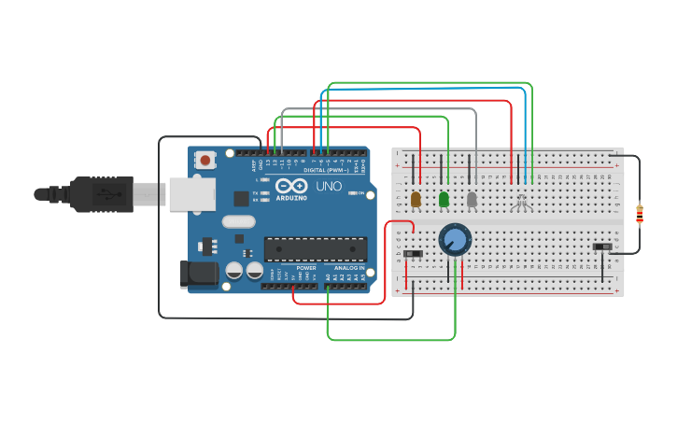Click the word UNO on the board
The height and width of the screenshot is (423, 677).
tap(329, 186)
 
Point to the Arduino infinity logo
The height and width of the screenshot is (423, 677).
tap(290, 185)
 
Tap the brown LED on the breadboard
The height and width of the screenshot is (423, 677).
tap(416, 199)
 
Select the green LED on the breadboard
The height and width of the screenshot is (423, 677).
tap(444, 199)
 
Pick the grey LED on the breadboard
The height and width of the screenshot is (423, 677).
tap(472, 199)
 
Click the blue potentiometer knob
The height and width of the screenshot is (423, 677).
tap(455, 239)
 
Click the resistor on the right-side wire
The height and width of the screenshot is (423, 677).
tap(639, 214)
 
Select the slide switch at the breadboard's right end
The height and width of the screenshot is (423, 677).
tap(604, 247)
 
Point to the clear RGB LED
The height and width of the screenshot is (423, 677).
tap(521, 202)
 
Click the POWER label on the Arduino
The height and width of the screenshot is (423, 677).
tap(306, 268)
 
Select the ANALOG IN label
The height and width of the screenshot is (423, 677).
tap(349, 268)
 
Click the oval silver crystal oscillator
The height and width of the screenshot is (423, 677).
tap(238, 222)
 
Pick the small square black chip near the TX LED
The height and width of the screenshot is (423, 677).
tap(242, 198)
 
